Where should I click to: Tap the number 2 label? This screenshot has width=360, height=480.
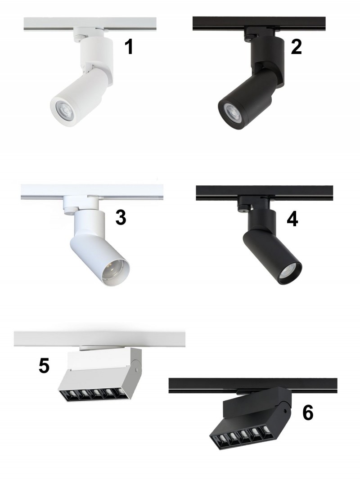tap(297, 47)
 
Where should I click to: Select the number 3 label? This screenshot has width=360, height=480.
tap(121, 218)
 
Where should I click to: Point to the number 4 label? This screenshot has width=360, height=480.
tap(292, 219)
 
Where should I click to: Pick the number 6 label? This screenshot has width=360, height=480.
tap(308, 413)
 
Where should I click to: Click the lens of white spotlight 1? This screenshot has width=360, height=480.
tap(65, 109)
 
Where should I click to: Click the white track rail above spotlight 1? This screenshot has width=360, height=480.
tap(90, 24)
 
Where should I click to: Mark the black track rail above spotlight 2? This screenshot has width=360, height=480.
tap(259, 23)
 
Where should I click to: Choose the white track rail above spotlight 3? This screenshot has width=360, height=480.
tap(92, 192)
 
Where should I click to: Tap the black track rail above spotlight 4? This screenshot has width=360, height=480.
tap(265, 193)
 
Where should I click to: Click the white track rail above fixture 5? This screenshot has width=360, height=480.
tap(99, 339)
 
